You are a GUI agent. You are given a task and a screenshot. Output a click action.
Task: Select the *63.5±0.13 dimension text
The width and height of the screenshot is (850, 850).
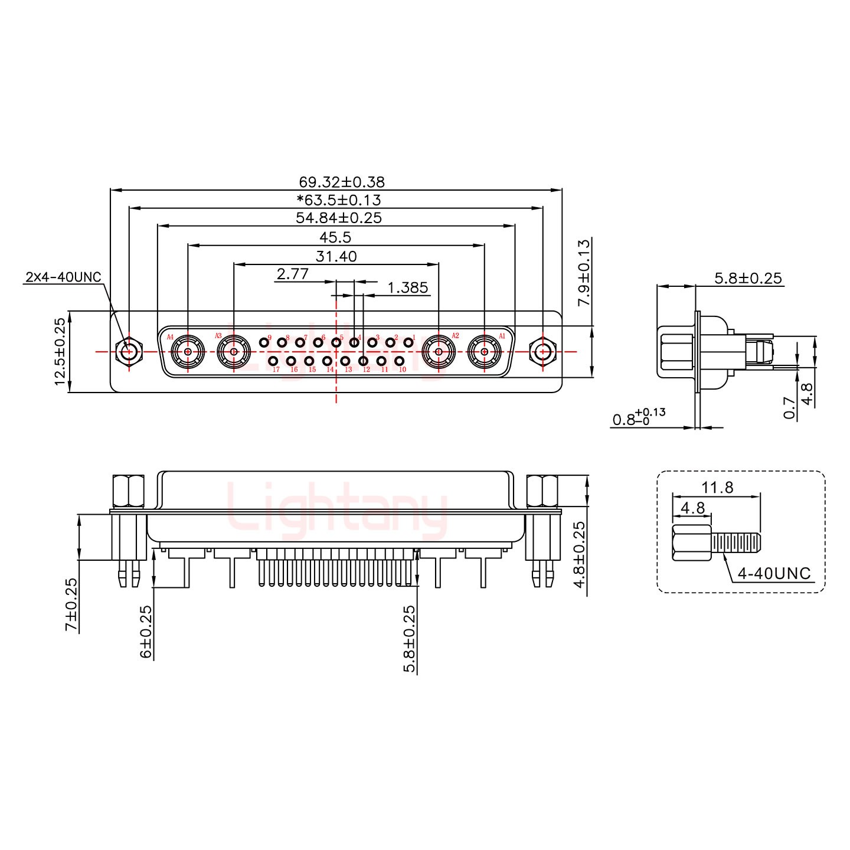pyautogui.click(x=339, y=200)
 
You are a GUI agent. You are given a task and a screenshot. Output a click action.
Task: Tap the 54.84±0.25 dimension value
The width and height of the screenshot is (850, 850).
pyautogui.click(x=339, y=218)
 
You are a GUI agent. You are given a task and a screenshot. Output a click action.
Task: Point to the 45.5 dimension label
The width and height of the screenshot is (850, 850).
pyautogui.click(x=335, y=237)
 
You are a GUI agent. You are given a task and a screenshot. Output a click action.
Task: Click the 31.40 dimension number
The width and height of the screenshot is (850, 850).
pyautogui.click(x=336, y=256)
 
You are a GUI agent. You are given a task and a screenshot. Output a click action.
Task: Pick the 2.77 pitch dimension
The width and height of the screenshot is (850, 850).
pyautogui.click(x=292, y=274)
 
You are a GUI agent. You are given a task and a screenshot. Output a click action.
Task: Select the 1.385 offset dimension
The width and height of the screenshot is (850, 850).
pyautogui.click(x=407, y=287)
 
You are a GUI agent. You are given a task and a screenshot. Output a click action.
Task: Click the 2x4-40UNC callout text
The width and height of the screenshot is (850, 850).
pyautogui.click(x=63, y=277)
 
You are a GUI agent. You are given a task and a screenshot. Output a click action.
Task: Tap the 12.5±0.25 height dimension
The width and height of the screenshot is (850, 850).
pyautogui.click(x=60, y=352)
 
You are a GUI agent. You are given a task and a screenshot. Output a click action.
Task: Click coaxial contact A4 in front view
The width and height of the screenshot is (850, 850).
pyautogui.click(x=188, y=352)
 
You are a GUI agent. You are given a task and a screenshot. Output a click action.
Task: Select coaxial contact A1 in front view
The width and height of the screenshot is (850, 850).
pyautogui.click(x=484, y=352)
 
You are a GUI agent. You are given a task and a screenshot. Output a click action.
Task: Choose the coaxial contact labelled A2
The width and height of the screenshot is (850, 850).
pyautogui.click(x=439, y=352)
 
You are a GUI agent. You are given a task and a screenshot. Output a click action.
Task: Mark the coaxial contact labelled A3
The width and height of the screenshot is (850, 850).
pyautogui.click(x=234, y=352)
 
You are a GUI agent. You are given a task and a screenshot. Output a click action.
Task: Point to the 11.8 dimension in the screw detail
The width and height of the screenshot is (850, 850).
pyautogui.click(x=717, y=487)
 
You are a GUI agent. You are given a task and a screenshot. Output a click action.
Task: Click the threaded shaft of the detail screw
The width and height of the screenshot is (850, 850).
pyautogui.click(x=737, y=541)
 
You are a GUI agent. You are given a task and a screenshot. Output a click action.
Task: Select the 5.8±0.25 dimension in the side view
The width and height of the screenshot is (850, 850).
pyautogui.click(x=748, y=277)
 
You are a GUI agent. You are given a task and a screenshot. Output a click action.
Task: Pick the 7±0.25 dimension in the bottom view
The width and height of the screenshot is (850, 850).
pyautogui.click(x=71, y=604)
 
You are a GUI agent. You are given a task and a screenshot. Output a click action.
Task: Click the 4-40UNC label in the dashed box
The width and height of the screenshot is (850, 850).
pyautogui.click(x=774, y=573)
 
